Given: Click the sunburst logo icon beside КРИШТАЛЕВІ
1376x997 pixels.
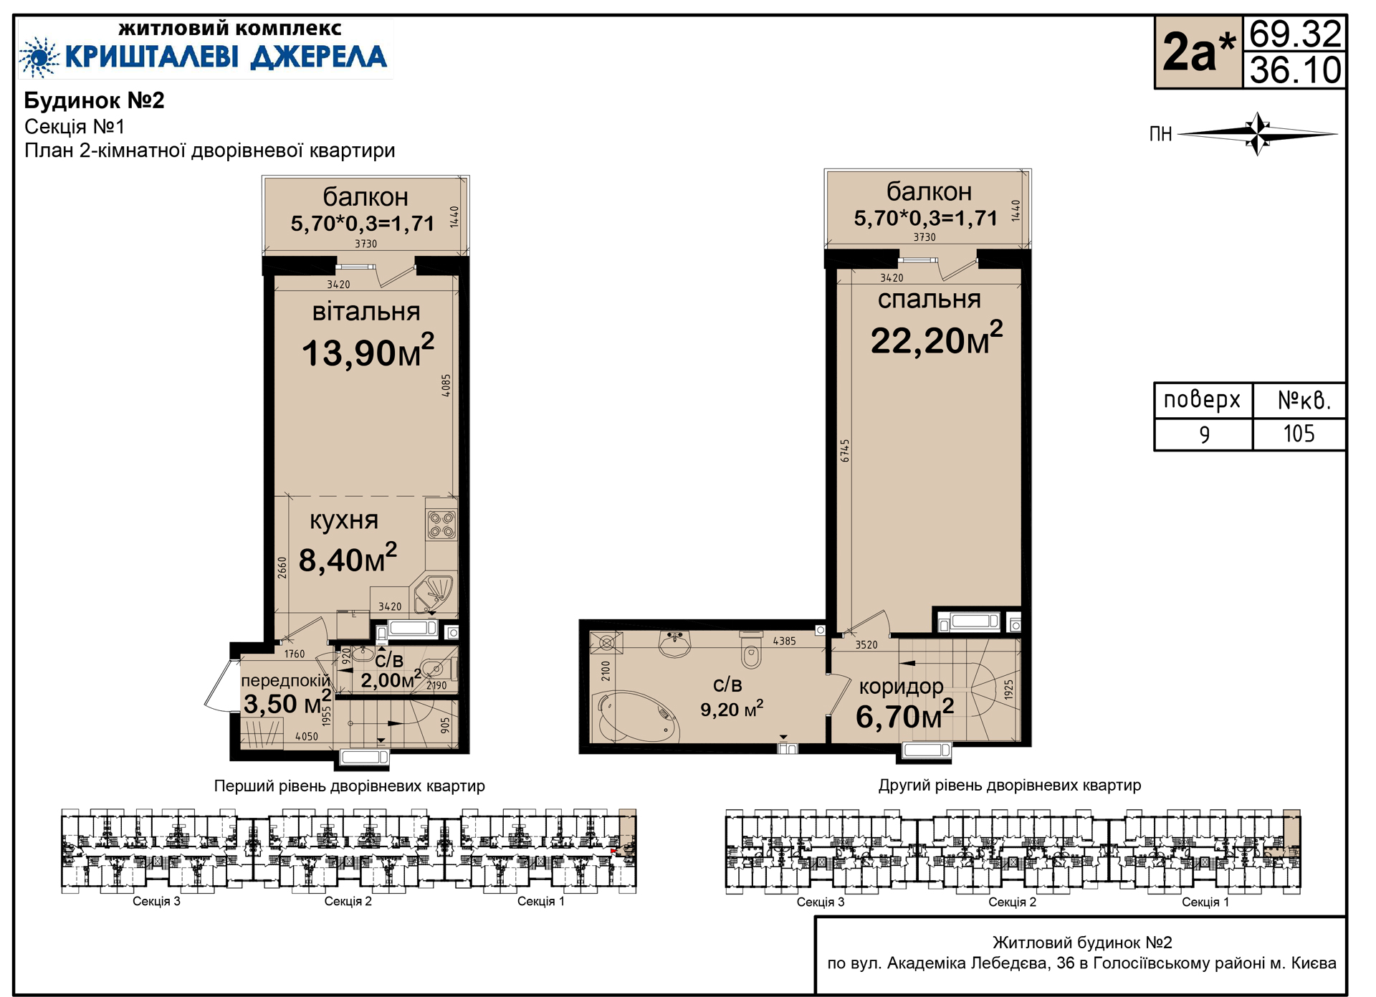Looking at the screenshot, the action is [x=39, y=57].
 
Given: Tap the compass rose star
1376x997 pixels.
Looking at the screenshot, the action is [x=1258, y=133].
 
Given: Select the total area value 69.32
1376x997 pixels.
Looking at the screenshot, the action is [x=1295, y=34].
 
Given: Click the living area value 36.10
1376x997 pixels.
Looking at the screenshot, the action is [x=1295, y=70].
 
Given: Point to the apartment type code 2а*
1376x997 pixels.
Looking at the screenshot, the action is [x=1198, y=52].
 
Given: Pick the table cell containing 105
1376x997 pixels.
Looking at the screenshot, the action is [x=1299, y=434].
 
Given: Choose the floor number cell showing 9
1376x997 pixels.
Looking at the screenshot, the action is [x=1204, y=434].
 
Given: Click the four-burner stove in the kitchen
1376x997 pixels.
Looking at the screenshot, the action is [x=441, y=525].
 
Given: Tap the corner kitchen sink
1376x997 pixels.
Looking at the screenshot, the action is [x=434, y=592].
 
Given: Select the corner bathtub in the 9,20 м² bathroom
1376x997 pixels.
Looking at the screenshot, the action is [x=633, y=717].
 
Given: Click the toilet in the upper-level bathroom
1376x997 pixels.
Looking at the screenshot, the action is [x=751, y=649].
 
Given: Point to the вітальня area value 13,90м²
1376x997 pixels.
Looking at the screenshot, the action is [x=368, y=351].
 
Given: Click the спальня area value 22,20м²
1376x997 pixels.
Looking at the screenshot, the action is [x=937, y=338].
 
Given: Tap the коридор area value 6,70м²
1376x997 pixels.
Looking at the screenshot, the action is [x=904, y=715].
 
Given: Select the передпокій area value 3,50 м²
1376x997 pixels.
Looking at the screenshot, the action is [x=287, y=703].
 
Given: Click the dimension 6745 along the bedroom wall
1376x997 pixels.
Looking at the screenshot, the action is [x=846, y=450].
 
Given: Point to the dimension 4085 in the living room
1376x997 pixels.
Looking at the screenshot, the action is [x=446, y=386].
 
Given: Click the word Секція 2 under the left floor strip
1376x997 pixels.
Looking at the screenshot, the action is [x=348, y=902].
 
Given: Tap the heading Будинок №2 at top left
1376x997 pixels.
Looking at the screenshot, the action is [x=95, y=100].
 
